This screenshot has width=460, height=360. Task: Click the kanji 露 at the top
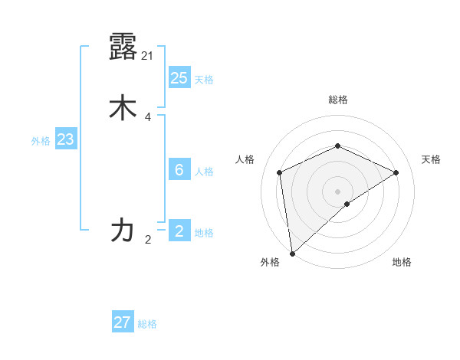[x=123, y=47]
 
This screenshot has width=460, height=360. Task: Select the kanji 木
[x=123, y=108]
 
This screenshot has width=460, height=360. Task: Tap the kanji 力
[x=123, y=230]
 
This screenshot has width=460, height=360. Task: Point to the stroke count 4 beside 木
[x=148, y=117]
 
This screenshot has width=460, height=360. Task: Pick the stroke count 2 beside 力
[x=148, y=240]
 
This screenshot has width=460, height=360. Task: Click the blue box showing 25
[x=179, y=78]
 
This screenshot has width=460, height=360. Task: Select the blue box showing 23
[x=65, y=140]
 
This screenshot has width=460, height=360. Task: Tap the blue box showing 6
[x=179, y=170]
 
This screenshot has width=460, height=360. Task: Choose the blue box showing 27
[x=123, y=322]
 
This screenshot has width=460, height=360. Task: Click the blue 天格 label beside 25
[x=204, y=80]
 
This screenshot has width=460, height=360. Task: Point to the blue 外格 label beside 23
[x=41, y=141]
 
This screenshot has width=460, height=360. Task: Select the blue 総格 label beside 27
[x=147, y=324]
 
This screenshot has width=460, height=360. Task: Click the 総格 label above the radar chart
[x=337, y=100]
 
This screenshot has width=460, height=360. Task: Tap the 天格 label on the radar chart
[x=431, y=159]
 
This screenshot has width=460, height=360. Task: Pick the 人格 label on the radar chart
[x=245, y=159]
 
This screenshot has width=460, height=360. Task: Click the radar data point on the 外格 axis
[x=291, y=254]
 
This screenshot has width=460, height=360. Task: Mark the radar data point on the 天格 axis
[x=396, y=172]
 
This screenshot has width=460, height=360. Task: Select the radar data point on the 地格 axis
[x=347, y=204]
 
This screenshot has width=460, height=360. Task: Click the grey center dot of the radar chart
[x=337, y=191]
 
